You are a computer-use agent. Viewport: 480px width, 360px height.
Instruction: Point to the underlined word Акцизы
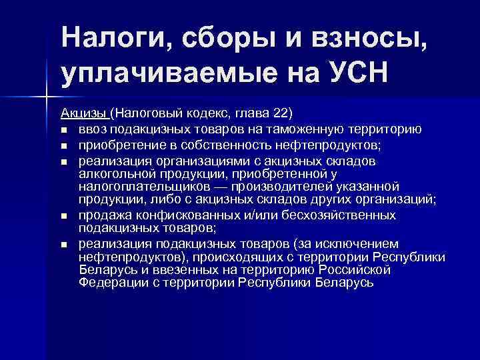point(84,111)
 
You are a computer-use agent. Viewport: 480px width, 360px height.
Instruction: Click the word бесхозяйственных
point(337,215)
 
